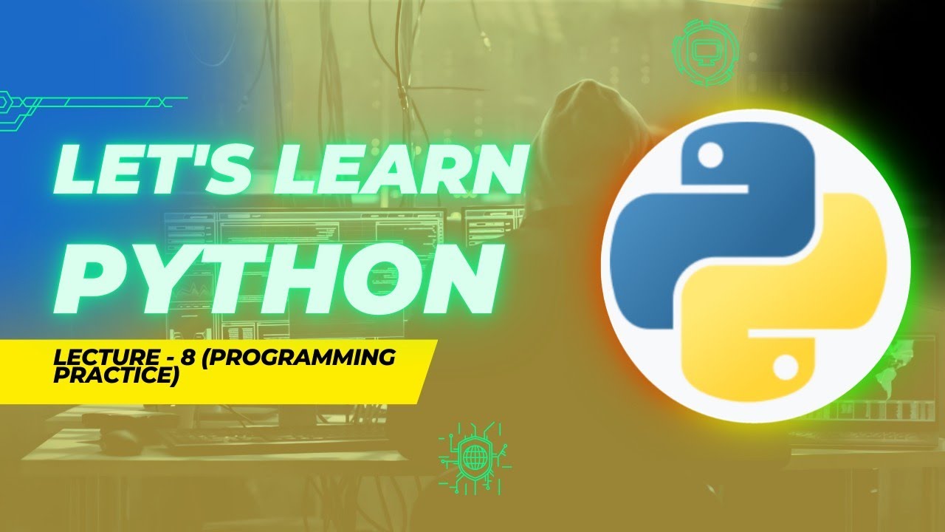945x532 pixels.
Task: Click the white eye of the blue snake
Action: [x=711, y=156]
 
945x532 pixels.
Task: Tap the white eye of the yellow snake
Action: [x=785, y=365]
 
